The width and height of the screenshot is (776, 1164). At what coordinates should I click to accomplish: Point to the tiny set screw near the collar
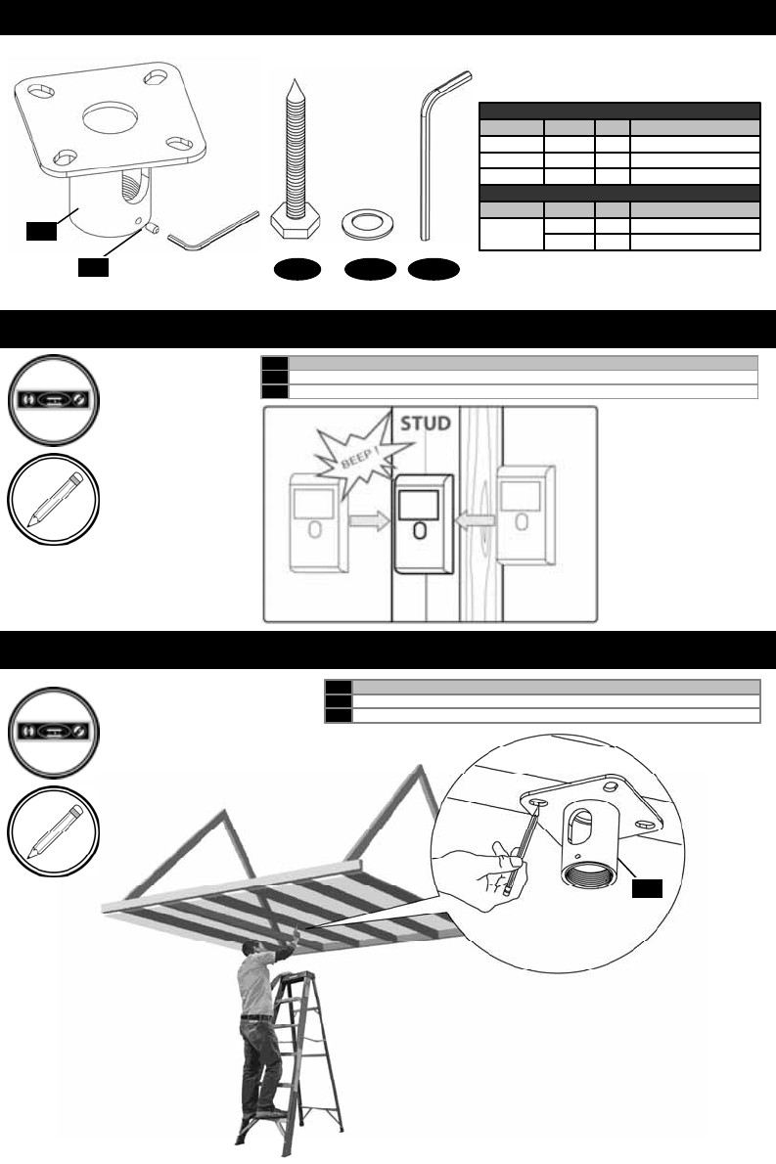pyautogui.click(x=153, y=227)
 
